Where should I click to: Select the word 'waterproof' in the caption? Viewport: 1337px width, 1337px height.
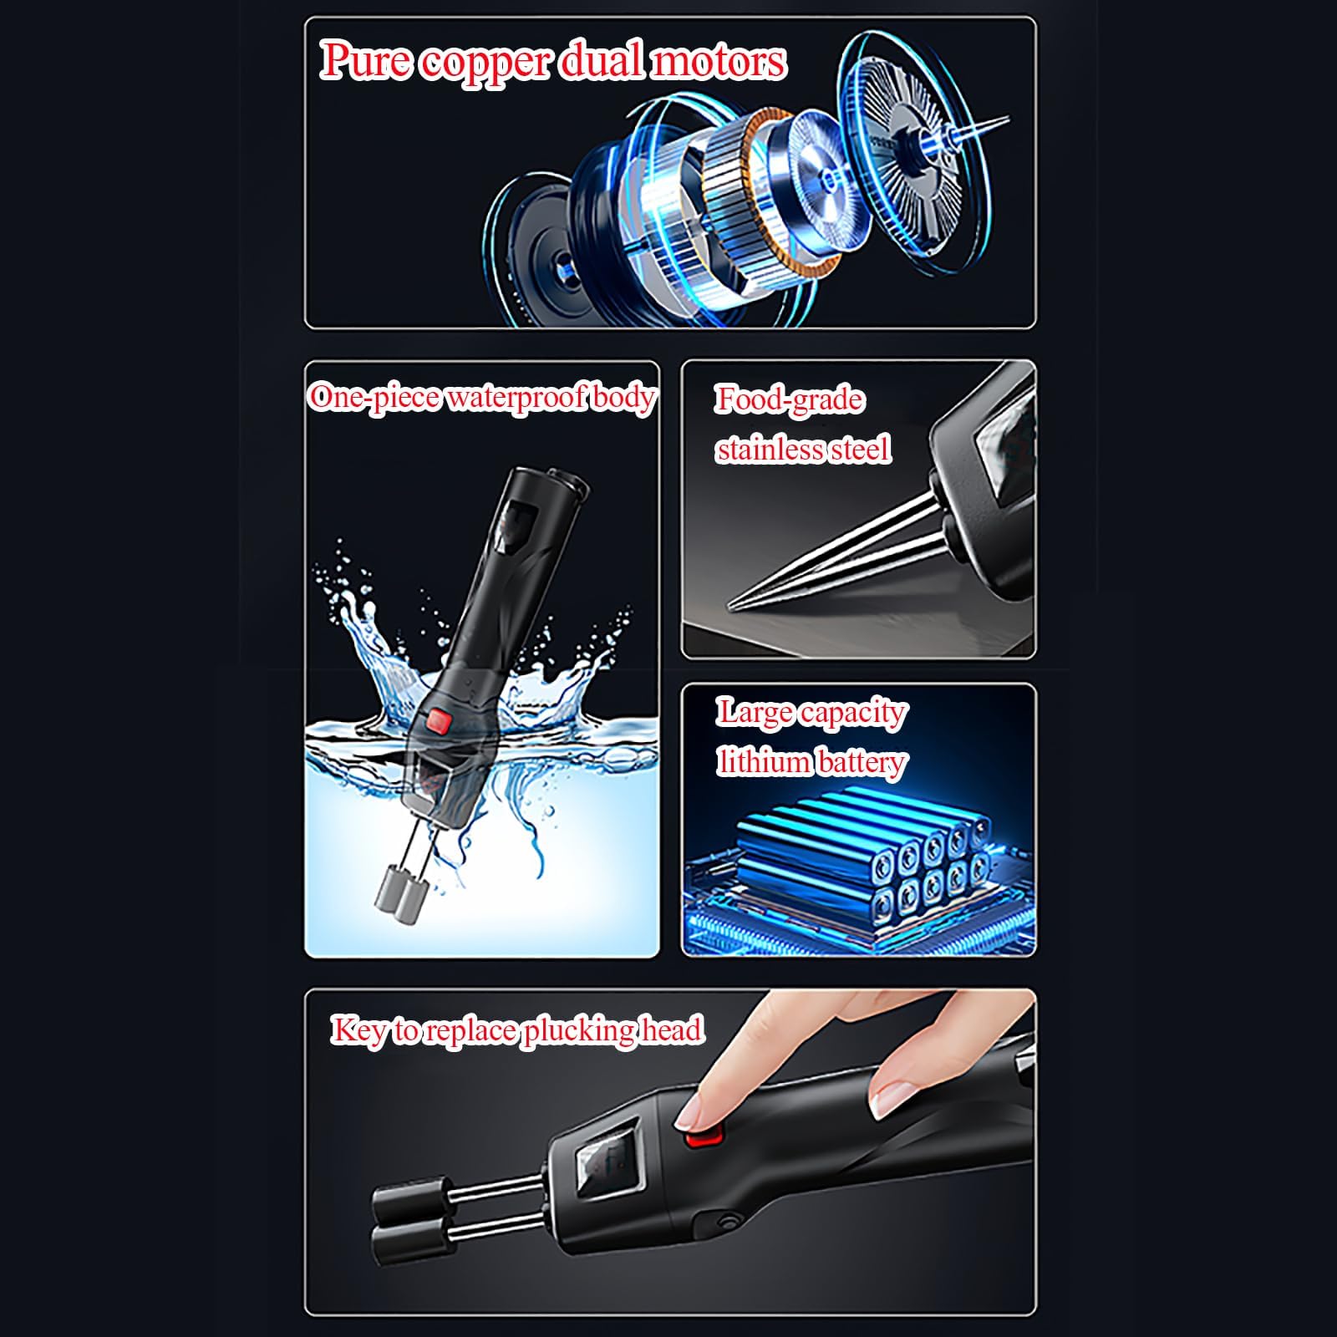(516, 398)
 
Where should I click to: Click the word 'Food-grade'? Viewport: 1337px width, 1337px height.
(789, 400)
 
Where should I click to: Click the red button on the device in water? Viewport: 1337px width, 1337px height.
(439, 719)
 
